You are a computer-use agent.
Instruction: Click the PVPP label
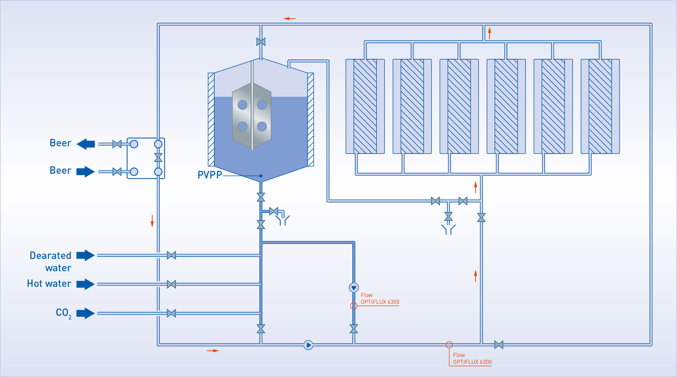coord(210,175)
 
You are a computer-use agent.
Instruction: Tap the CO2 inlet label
coord(63,313)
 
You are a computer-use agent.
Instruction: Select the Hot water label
coord(49,284)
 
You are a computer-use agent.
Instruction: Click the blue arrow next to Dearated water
coord(85,255)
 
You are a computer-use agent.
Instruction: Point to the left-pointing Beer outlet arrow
coord(85,144)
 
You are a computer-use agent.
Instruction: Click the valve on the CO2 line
coord(171,313)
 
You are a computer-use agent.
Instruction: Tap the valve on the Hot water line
coord(171,284)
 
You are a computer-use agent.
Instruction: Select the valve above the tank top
coord(261,42)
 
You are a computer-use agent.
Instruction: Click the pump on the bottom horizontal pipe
coord(308,345)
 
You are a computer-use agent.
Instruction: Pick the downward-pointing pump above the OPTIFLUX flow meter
coord(354,287)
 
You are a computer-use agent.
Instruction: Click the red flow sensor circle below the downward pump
coord(354,306)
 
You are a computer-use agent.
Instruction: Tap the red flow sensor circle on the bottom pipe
coord(449,345)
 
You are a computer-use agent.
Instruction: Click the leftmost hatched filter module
coord(365,106)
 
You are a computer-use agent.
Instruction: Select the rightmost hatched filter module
coord(600,106)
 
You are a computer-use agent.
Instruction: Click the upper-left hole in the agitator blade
coord(242,105)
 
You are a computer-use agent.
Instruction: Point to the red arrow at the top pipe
coord(289,19)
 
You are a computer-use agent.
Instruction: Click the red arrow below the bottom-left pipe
coord(213,350)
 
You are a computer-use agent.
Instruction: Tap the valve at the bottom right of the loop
coord(499,345)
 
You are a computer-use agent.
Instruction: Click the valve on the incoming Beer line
coord(117,172)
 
